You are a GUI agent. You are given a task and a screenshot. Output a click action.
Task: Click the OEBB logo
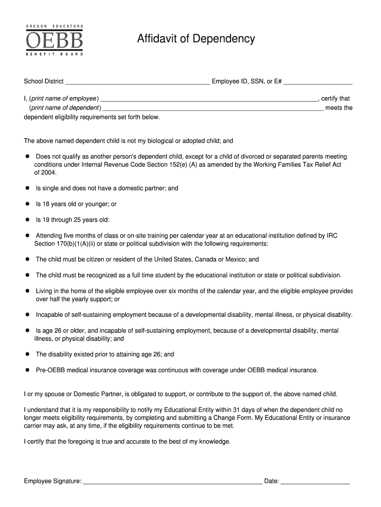54,40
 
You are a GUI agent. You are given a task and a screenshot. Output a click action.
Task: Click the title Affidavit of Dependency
196,39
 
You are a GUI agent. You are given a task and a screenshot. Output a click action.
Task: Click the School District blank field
138,82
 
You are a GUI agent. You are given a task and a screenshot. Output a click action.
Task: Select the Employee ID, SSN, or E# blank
318,82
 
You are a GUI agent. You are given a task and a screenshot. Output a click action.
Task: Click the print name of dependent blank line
213,108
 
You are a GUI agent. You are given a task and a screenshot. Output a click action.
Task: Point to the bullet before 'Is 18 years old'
28,204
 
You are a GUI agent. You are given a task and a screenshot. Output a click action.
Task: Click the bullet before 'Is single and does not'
28,188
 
